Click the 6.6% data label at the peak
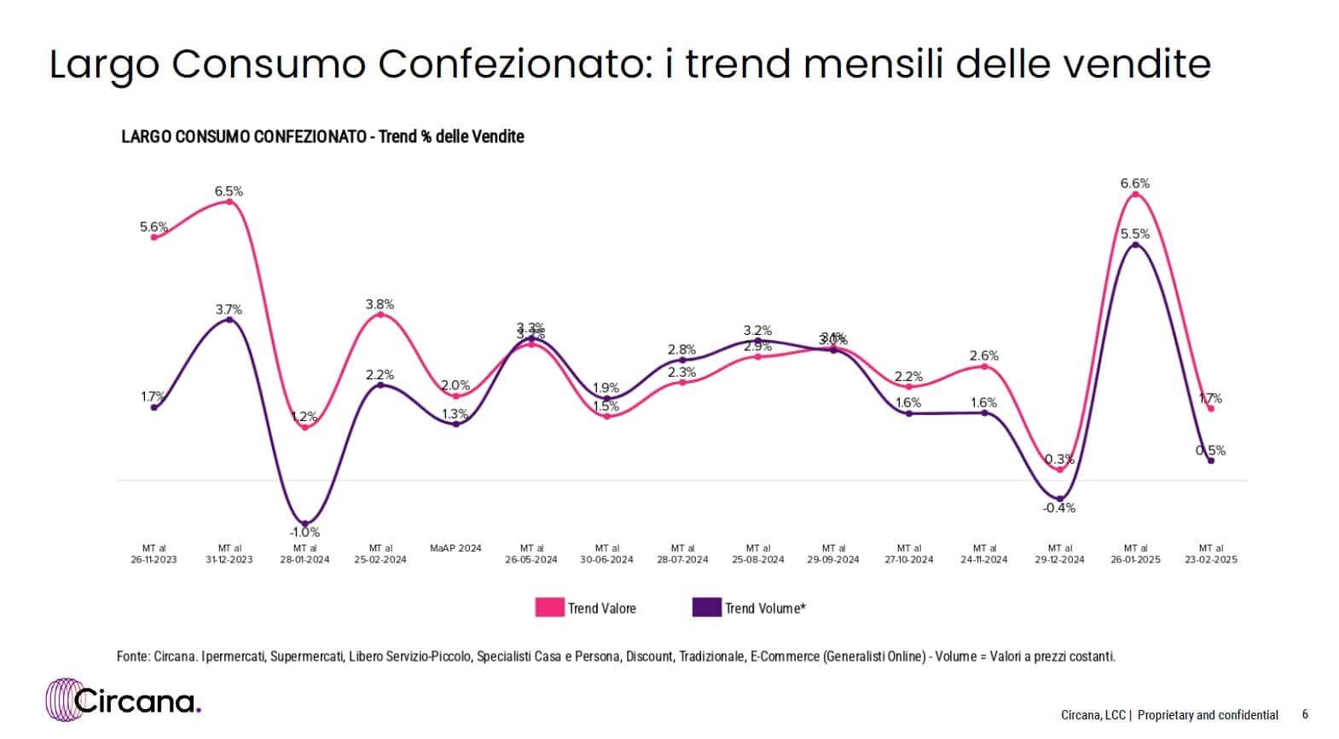click(x=1134, y=183)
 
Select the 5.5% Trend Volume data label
click(x=1134, y=234)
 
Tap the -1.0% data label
click(x=304, y=532)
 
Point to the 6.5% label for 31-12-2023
click(x=229, y=191)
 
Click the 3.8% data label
click(x=380, y=304)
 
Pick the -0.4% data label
click(x=1059, y=508)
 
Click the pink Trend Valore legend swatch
click(x=549, y=608)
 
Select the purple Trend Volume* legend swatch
click(x=706, y=608)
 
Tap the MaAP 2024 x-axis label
click(x=455, y=548)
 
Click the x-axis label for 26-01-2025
click(x=1135, y=554)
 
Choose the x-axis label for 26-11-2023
click(x=154, y=554)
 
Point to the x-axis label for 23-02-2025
click(x=1211, y=554)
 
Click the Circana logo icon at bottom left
click(x=62, y=701)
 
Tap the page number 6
click(x=1305, y=714)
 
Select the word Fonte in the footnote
click(x=131, y=656)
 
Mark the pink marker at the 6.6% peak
click(x=1135, y=194)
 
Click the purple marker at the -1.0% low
click(x=304, y=522)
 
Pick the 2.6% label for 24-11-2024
click(x=984, y=355)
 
